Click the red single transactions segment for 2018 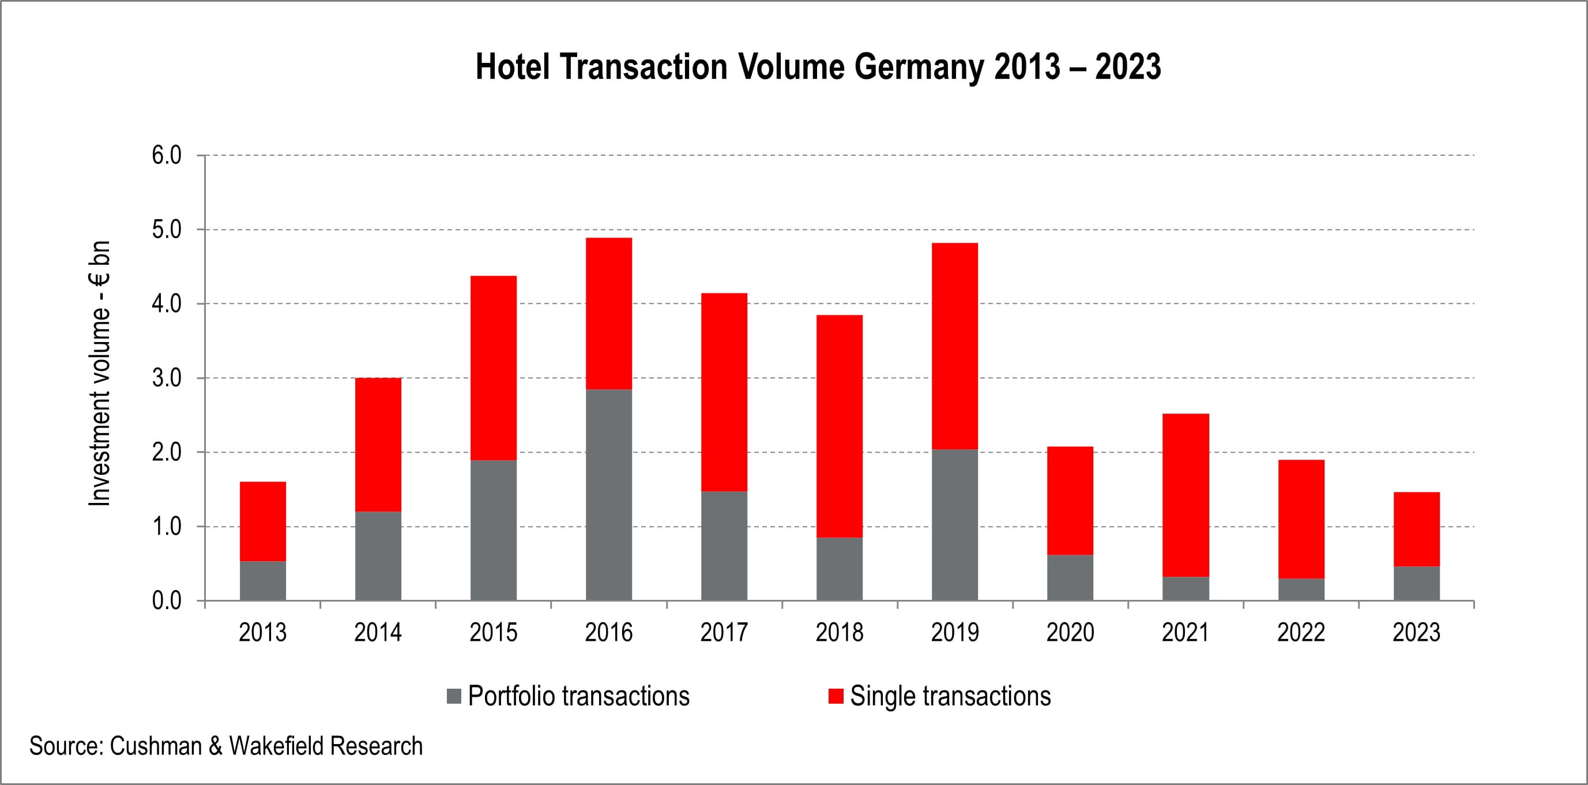click(x=839, y=426)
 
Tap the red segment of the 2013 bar click(x=262, y=521)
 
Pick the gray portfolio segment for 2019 click(x=954, y=525)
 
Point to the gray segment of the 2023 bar click(x=1416, y=583)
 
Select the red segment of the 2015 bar click(x=493, y=368)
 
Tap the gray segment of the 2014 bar click(x=378, y=555)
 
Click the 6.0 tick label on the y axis click(x=167, y=155)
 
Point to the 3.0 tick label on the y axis click(x=167, y=378)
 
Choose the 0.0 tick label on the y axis click(x=167, y=600)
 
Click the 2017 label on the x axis click(x=724, y=633)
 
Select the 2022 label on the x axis click(x=1301, y=633)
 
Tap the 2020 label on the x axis click(x=1070, y=633)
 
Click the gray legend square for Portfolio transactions click(x=454, y=696)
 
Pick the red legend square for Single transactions click(x=836, y=696)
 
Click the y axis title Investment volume click(x=99, y=374)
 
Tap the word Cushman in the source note click(x=156, y=746)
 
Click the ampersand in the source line click(x=216, y=746)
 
